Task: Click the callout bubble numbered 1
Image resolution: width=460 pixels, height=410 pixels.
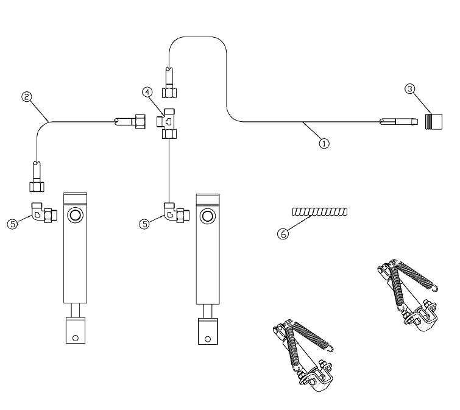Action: click(324, 144)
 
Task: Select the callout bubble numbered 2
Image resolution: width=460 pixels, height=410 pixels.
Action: click(26, 96)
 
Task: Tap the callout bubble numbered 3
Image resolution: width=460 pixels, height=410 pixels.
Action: click(410, 88)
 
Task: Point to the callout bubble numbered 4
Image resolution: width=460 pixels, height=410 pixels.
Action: click(147, 92)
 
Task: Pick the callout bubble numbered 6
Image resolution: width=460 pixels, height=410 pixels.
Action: click(282, 232)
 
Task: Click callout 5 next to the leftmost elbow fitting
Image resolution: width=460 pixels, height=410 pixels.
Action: click(13, 224)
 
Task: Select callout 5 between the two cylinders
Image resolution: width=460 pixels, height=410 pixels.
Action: click(144, 224)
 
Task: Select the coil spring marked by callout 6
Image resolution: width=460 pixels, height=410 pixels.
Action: click(320, 212)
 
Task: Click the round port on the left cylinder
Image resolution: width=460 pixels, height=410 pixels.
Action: click(77, 215)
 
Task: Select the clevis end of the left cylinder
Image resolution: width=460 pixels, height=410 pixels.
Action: click(76, 330)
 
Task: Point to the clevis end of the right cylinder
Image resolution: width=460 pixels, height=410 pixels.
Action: click(208, 330)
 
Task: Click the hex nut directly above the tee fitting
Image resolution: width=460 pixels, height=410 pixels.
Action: click(168, 92)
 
